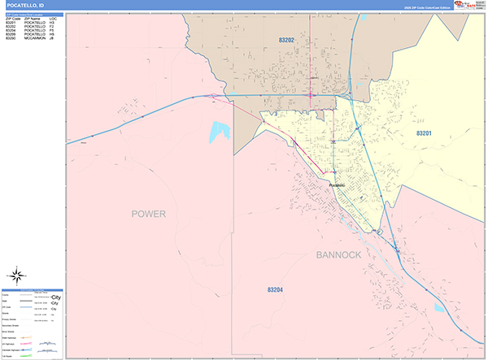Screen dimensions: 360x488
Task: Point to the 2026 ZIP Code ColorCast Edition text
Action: (428, 7)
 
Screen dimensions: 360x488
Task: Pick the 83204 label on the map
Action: (278, 288)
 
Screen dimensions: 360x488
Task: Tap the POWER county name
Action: (148, 215)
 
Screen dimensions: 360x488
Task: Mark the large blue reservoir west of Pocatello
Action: (219, 132)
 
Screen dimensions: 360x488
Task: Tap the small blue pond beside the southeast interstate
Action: (439, 308)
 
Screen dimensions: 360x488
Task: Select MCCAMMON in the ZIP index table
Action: (37, 39)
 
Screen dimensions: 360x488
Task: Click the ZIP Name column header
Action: (35, 19)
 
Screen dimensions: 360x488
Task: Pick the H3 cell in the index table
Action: (52, 23)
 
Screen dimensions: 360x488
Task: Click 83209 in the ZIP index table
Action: (11, 35)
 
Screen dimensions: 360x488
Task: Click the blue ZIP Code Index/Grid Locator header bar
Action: (33, 14)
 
